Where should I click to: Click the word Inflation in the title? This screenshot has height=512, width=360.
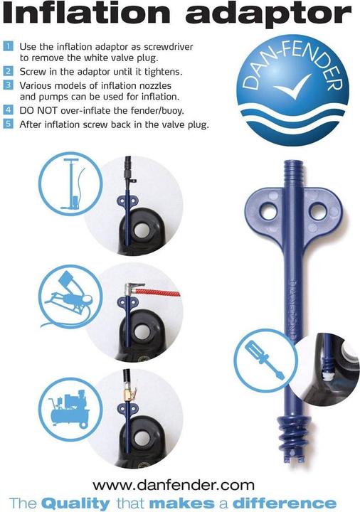[x=88, y=13]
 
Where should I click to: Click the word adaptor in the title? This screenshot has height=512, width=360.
[x=268, y=15]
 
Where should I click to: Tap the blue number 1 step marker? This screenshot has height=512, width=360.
[x=8, y=46]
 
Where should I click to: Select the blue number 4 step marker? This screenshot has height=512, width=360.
[x=8, y=110]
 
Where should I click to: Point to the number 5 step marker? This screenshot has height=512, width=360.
[x=8, y=124]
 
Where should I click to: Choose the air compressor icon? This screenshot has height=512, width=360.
[x=69, y=410]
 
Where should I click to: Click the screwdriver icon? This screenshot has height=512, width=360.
[x=265, y=360]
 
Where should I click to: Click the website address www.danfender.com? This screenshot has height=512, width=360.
[x=174, y=486]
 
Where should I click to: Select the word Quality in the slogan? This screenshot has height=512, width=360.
[x=75, y=503]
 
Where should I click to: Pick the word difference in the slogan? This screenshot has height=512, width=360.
[x=284, y=503]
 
